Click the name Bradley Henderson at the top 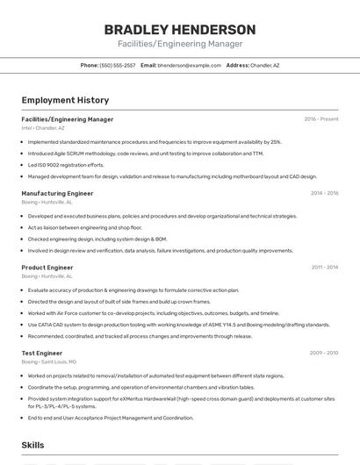coord(179,30)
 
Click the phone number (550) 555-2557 coord(118,65)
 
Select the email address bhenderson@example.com coord(190,65)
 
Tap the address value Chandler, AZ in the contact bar coord(264,65)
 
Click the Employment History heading coord(65,100)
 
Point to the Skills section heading coord(32,446)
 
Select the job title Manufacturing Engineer coord(57,193)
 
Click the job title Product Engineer coord(47,267)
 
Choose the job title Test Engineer coord(42,353)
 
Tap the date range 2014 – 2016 coord(324,193)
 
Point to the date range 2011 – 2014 coord(324,267)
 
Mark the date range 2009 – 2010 coord(324,353)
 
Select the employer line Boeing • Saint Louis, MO coord(49,361)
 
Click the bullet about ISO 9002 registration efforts coord(66,164)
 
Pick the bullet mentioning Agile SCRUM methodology coord(145,153)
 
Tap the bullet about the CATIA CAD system coord(178,325)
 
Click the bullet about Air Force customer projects coord(153,313)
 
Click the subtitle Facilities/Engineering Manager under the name coord(179,44)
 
